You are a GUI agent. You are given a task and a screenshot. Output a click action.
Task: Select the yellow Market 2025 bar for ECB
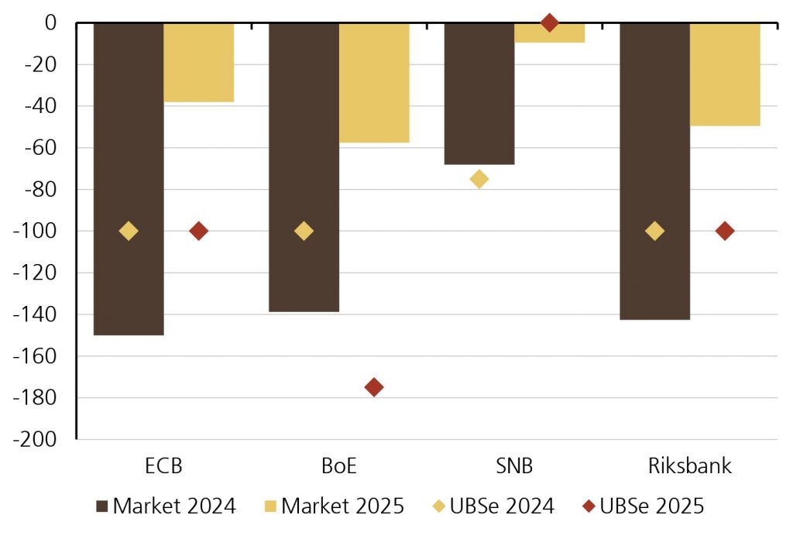click(x=198, y=62)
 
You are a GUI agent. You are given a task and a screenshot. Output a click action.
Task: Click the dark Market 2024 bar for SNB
click(x=479, y=93)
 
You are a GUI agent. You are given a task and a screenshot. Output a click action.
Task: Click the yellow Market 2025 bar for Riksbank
click(x=725, y=74)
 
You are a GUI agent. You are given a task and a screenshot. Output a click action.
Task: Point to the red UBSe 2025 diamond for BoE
click(x=374, y=387)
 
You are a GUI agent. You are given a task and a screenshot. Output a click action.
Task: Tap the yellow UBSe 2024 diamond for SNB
click(x=479, y=179)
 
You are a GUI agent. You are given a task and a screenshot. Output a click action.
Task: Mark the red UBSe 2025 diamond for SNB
click(x=549, y=22)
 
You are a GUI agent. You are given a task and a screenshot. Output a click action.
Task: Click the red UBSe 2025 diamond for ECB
click(x=198, y=231)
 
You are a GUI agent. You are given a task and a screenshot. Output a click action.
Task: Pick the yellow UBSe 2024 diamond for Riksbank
click(x=654, y=231)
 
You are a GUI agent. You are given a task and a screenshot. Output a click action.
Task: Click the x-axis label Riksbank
click(x=690, y=467)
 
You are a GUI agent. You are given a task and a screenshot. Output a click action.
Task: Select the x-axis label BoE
click(x=339, y=467)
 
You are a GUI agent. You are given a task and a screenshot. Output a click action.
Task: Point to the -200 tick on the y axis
click(x=40, y=439)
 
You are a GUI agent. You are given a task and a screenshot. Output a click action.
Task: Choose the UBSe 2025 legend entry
click(x=642, y=506)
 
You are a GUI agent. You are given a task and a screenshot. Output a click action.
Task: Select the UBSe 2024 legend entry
click(x=493, y=506)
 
